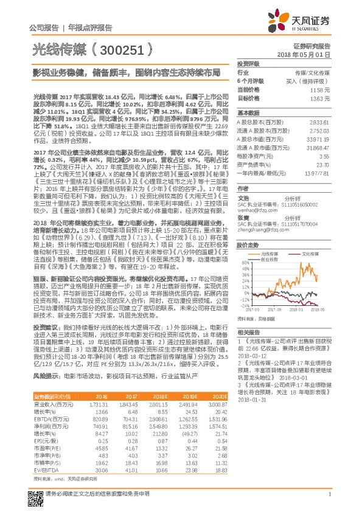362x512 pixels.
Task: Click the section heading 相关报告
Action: [248, 331]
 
